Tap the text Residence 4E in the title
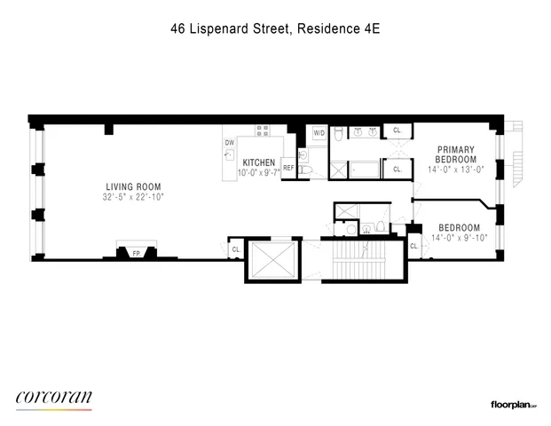340,28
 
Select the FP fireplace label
136,254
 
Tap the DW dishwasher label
229,142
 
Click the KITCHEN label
259,162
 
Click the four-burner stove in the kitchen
263,130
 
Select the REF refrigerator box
288,167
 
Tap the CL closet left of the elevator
235,250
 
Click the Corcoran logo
54,398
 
